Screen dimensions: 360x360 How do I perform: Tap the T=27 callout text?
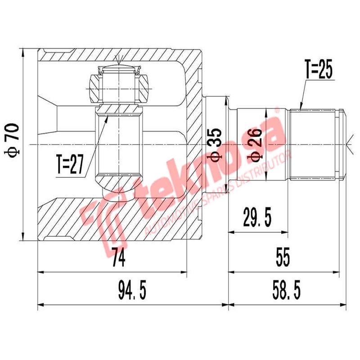tap(71, 165)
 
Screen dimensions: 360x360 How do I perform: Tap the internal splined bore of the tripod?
tap(120, 144)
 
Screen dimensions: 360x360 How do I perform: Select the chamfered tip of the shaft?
tap(342, 144)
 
